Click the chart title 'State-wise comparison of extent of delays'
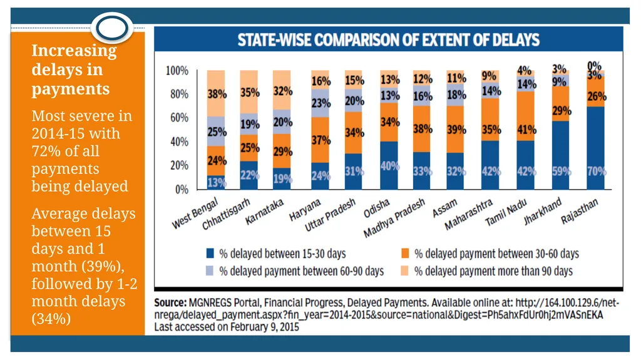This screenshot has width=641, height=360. pos(388,39)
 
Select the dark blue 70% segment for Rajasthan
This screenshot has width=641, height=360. pos(595,148)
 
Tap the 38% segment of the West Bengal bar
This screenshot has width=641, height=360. pos(216,93)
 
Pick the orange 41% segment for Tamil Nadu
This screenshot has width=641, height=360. pos(525,116)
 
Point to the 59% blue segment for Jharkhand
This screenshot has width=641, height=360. pos(560,155)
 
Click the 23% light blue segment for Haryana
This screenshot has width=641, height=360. pos(320,103)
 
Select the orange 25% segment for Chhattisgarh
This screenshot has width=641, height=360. pos(249,148)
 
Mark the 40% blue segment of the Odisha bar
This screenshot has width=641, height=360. pos(389,165)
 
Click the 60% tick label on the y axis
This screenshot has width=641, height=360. pos(179,118)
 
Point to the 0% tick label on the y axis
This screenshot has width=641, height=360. pos(182,190)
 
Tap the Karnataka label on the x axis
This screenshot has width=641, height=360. pos(264,212)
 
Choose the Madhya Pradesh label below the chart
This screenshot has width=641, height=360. pos(394,218)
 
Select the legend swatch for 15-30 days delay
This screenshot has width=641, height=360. pos(210,253)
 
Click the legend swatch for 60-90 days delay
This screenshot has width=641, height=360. pos(210,271)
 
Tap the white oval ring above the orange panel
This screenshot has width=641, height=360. pos(112,15)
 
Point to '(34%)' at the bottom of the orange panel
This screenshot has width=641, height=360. pos(51,319)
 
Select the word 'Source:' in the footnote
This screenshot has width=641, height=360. pos(170,303)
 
